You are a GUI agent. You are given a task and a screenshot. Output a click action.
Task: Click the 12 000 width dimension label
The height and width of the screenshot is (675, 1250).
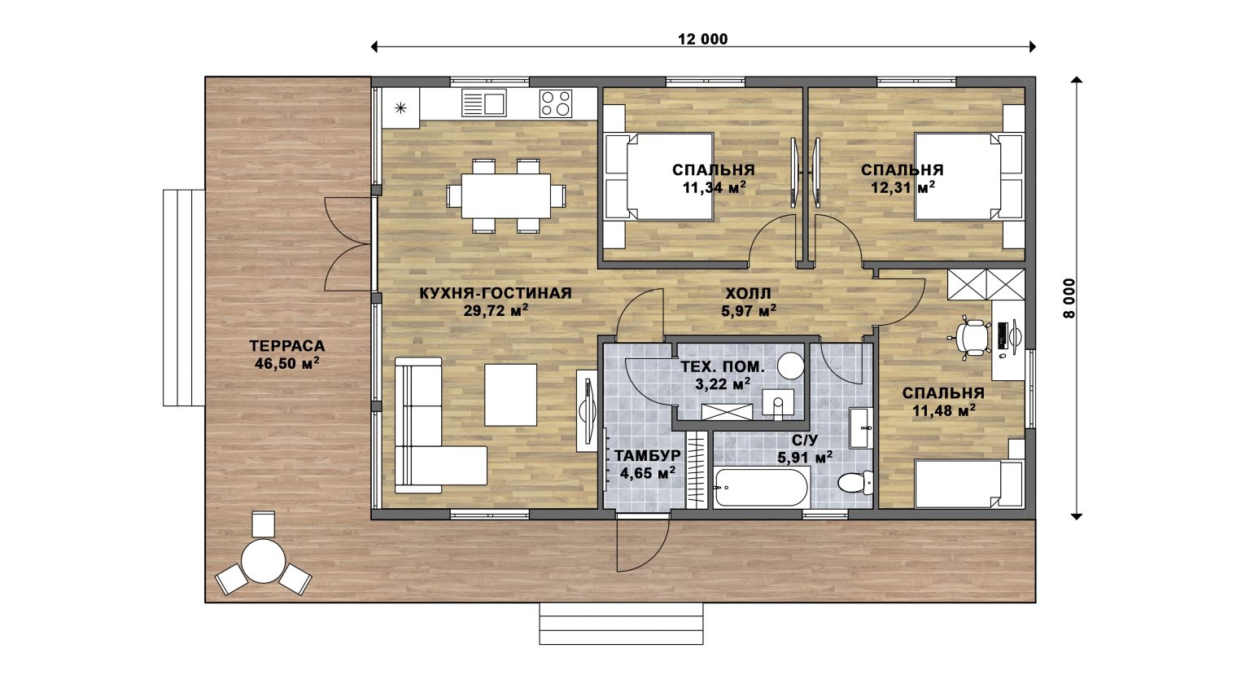[702, 39]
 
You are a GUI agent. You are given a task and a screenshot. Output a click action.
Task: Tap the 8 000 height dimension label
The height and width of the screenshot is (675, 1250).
[1069, 298]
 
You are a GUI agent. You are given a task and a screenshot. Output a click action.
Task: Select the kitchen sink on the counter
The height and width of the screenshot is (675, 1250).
[484, 103]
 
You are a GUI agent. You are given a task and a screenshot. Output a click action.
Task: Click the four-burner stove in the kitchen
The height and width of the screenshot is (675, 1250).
[556, 103]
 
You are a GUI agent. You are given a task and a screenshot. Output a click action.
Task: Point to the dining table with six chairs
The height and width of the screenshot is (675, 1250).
[506, 196]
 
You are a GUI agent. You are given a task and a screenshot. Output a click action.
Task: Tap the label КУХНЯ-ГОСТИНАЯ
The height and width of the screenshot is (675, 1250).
[496, 293]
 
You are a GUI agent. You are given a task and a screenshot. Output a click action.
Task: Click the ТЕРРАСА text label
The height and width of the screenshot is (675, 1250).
[286, 346]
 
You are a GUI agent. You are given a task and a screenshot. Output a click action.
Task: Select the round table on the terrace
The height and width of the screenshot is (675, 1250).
[264, 560]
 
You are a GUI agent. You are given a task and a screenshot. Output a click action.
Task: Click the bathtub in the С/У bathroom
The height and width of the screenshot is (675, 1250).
[761, 488]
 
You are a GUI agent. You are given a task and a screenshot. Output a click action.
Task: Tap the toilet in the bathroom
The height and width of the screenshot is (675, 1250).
[855, 483]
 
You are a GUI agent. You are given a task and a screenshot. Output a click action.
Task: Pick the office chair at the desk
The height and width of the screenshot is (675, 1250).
[969, 336]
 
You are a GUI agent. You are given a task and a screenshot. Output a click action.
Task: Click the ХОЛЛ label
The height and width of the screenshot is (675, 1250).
[749, 293]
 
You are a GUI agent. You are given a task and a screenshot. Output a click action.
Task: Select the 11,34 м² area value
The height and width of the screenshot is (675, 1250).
[715, 187]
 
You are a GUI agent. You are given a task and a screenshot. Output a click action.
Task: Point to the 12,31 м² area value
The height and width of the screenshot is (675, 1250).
[903, 187]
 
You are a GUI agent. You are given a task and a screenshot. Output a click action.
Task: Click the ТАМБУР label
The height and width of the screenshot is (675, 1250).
[647, 456]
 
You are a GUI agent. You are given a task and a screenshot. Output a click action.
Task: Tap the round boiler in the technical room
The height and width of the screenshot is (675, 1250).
[791, 366]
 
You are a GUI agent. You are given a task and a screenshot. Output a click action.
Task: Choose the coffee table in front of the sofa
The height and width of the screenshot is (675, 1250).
[510, 395]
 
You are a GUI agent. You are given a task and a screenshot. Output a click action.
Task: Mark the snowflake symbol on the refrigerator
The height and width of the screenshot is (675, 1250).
[400, 107]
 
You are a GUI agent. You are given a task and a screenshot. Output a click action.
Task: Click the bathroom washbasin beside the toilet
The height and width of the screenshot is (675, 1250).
[860, 427]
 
